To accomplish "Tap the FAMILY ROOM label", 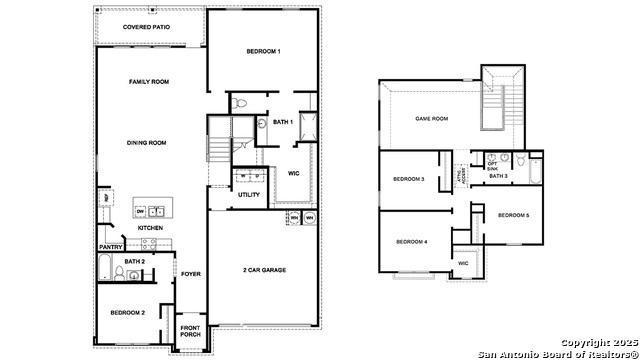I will click(147, 81).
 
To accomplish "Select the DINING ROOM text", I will click(147, 143).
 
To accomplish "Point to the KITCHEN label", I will click(150, 228).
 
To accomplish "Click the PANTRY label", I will click(109, 247).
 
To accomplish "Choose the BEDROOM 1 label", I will click(263, 51).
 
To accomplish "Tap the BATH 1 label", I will click(283, 122).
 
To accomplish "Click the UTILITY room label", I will click(249, 194).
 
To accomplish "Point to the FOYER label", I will click(190, 273).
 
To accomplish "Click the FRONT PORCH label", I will click(191, 333).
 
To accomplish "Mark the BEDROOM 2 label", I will click(127, 313).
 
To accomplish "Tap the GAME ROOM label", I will click(431, 118).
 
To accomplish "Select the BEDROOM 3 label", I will click(409, 179).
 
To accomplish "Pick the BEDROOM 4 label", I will click(411, 241).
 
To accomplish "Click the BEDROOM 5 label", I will click(512, 215).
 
